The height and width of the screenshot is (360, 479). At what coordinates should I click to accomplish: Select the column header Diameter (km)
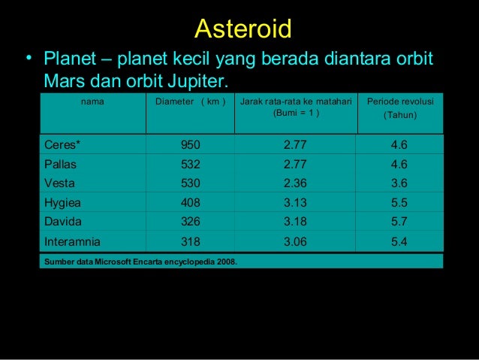pyautogui.click(x=190, y=102)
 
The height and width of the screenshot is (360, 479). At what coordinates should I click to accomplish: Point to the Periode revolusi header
pyautogui.click(x=401, y=107)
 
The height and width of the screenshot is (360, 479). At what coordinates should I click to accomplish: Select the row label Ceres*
pyautogui.click(x=63, y=145)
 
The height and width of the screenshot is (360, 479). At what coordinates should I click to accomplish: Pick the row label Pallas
pyautogui.click(x=61, y=164)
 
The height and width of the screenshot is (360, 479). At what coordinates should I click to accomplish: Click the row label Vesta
pyautogui.click(x=59, y=183)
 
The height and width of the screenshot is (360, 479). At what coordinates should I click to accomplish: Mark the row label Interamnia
pyautogui.click(x=73, y=242)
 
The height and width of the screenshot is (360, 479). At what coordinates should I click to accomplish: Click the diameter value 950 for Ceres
pyautogui.click(x=190, y=145)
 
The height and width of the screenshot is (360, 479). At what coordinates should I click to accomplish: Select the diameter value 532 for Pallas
pyautogui.click(x=190, y=164)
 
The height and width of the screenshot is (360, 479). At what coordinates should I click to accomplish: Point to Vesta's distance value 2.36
pyautogui.click(x=295, y=183)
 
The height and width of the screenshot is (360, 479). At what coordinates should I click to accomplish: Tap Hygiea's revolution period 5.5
pyautogui.click(x=399, y=202)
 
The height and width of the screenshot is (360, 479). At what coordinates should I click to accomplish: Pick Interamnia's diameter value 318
pyautogui.click(x=190, y=242)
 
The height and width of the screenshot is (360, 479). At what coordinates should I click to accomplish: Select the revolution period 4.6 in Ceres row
pyautogui.click(x=399, y=145)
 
